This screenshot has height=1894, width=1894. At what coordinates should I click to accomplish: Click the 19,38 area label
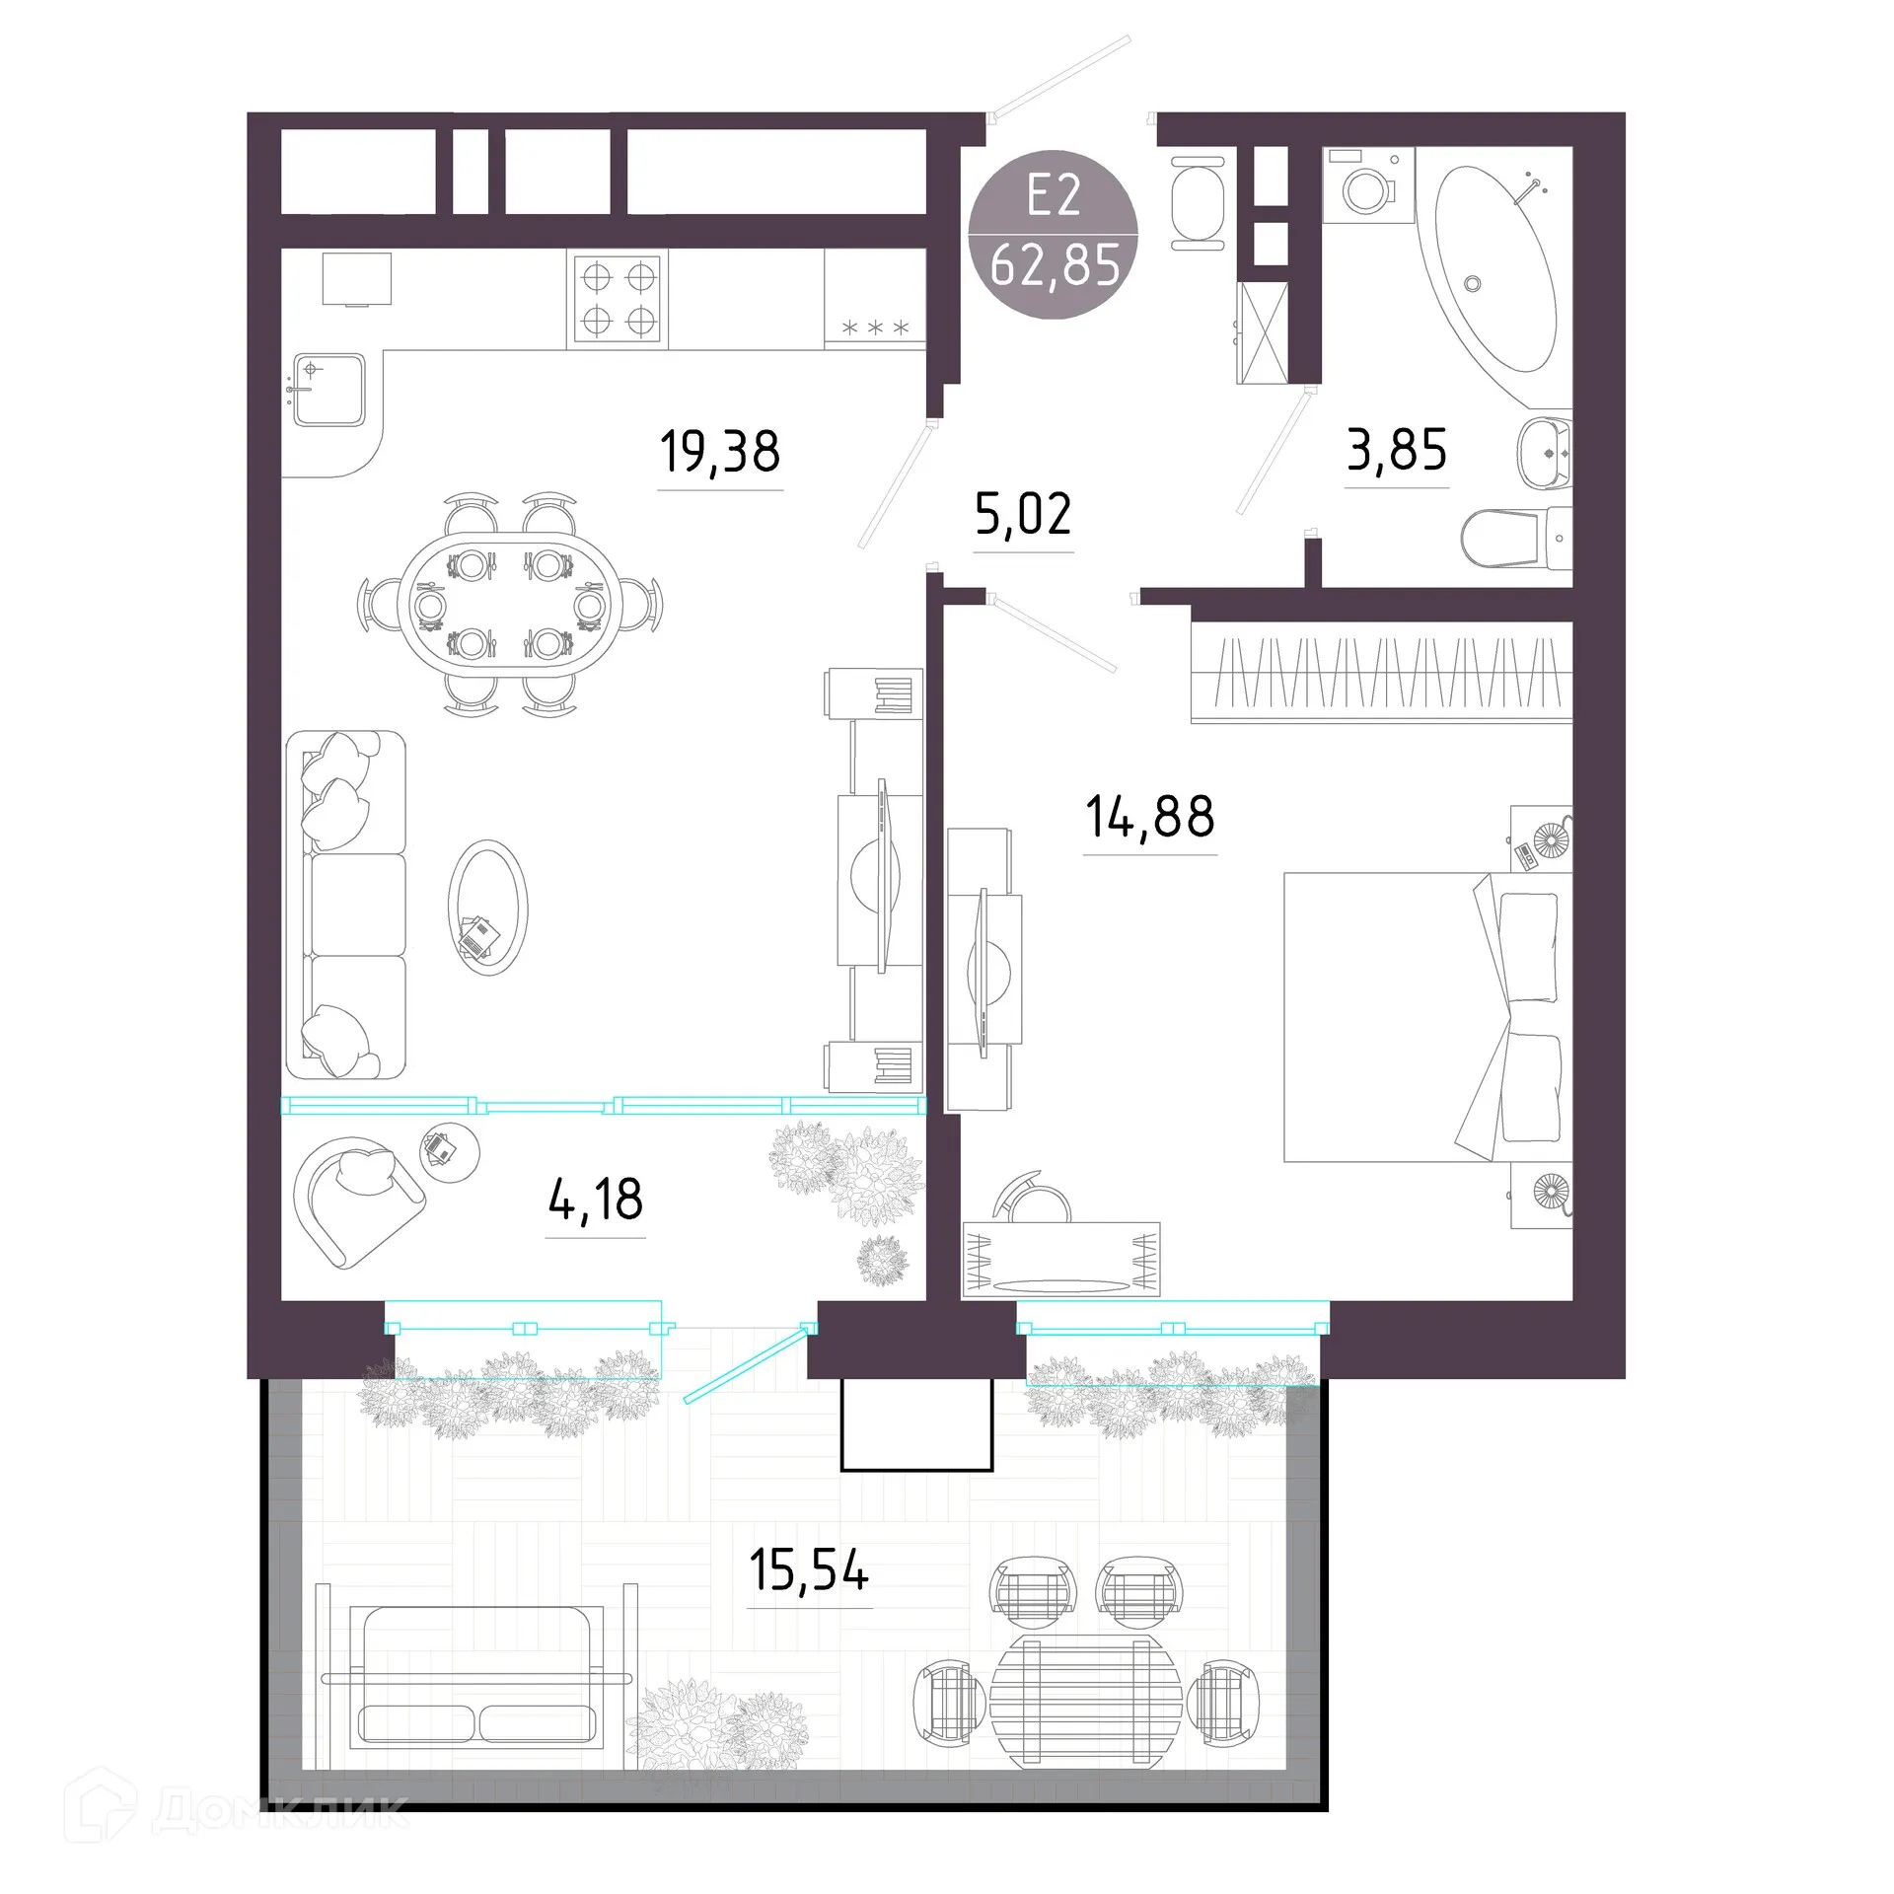(x=720, y=452)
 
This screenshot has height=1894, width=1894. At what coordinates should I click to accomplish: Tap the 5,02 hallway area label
(x=1023, y=514)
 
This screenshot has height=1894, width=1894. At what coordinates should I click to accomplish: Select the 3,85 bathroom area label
(x=1397, y=450)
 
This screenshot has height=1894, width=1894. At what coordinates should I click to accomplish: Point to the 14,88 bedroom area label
(x=1150, y=817)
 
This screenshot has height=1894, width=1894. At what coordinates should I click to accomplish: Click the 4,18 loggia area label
(x=595, y=1199)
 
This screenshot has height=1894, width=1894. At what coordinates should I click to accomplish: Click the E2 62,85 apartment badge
(x=1055, y=234)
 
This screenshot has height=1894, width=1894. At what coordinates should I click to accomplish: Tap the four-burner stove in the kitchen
(x=618, y=299)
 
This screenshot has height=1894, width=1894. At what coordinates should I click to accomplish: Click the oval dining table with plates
(x=510, y=604)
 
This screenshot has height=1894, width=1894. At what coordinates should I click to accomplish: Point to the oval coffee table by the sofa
(x=487, y=908)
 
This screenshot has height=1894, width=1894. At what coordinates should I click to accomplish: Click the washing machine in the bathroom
(x=1368, y=185)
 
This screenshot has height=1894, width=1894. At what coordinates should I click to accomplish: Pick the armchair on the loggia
(x=358, y=1201)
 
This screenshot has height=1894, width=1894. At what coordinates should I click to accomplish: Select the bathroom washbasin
(x=1544, y=453)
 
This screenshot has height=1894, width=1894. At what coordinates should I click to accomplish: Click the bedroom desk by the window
(x=1061, y=1260)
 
